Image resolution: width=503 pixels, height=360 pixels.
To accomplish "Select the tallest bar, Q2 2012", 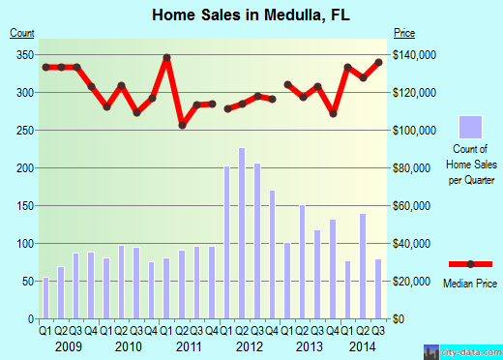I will click(242, 233).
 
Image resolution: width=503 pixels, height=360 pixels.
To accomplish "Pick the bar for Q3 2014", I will click(377, 288).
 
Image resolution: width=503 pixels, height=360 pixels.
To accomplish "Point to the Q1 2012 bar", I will click(227, 242).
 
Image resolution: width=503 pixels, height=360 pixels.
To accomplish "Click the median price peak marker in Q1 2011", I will click(166, 57).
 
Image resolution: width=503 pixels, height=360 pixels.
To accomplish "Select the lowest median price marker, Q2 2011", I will click(182, 124).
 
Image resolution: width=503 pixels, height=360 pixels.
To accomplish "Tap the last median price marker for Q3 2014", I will click(377, 62).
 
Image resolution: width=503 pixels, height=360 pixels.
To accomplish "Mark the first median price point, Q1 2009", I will click(45, 67).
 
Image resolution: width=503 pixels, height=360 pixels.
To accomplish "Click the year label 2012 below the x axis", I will click(250, 345).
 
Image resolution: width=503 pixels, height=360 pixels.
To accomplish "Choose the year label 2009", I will click(68, 345).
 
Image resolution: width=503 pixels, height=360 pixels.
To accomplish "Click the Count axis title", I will click(22, 34).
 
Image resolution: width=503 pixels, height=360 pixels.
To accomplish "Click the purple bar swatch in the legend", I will click(470, 127).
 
